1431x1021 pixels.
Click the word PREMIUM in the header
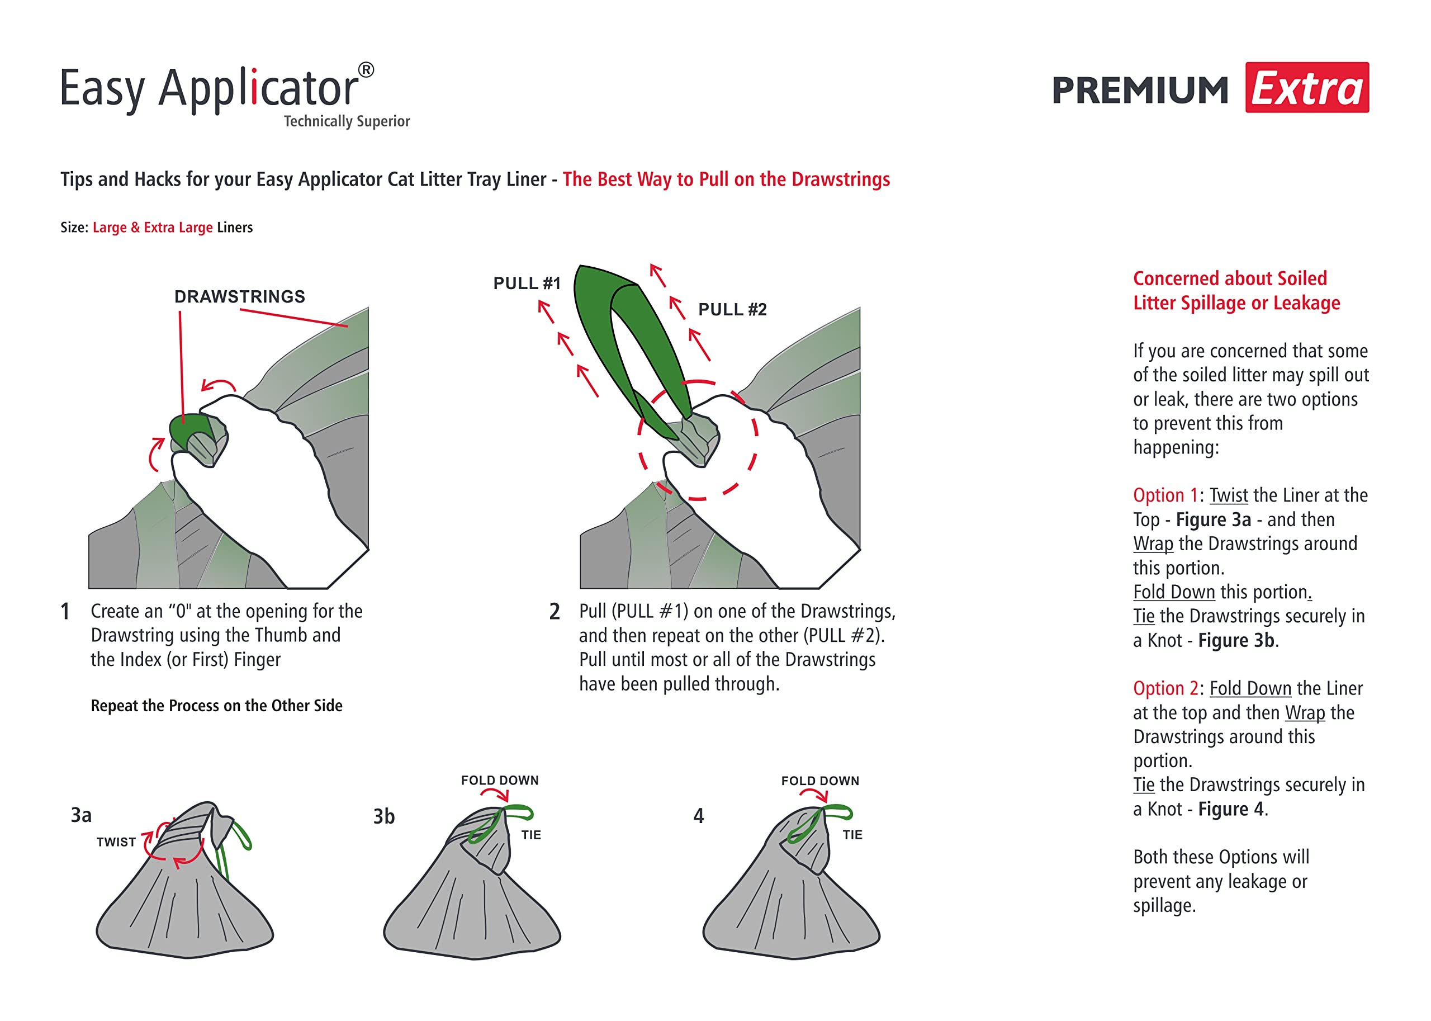(1140, 91)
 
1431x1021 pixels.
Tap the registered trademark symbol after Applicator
(366, 70)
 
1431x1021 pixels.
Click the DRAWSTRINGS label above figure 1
(239, 297)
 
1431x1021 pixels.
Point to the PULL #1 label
(527, 283)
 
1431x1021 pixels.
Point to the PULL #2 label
(732, 309)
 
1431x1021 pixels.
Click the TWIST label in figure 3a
(116, 843)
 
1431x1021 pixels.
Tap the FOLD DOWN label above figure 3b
(500, 781)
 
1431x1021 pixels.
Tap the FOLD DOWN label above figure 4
(820, 781)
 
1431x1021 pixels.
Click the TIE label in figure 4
(852, 835)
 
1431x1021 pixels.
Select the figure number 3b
(384, 817)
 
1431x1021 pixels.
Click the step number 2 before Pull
(555, 612)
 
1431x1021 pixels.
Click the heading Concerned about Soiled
(1230, 278)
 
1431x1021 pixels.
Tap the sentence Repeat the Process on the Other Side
(216, 706)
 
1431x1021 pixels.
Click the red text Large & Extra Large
(152, 228)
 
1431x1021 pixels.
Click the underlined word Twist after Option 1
(1229, 495)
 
